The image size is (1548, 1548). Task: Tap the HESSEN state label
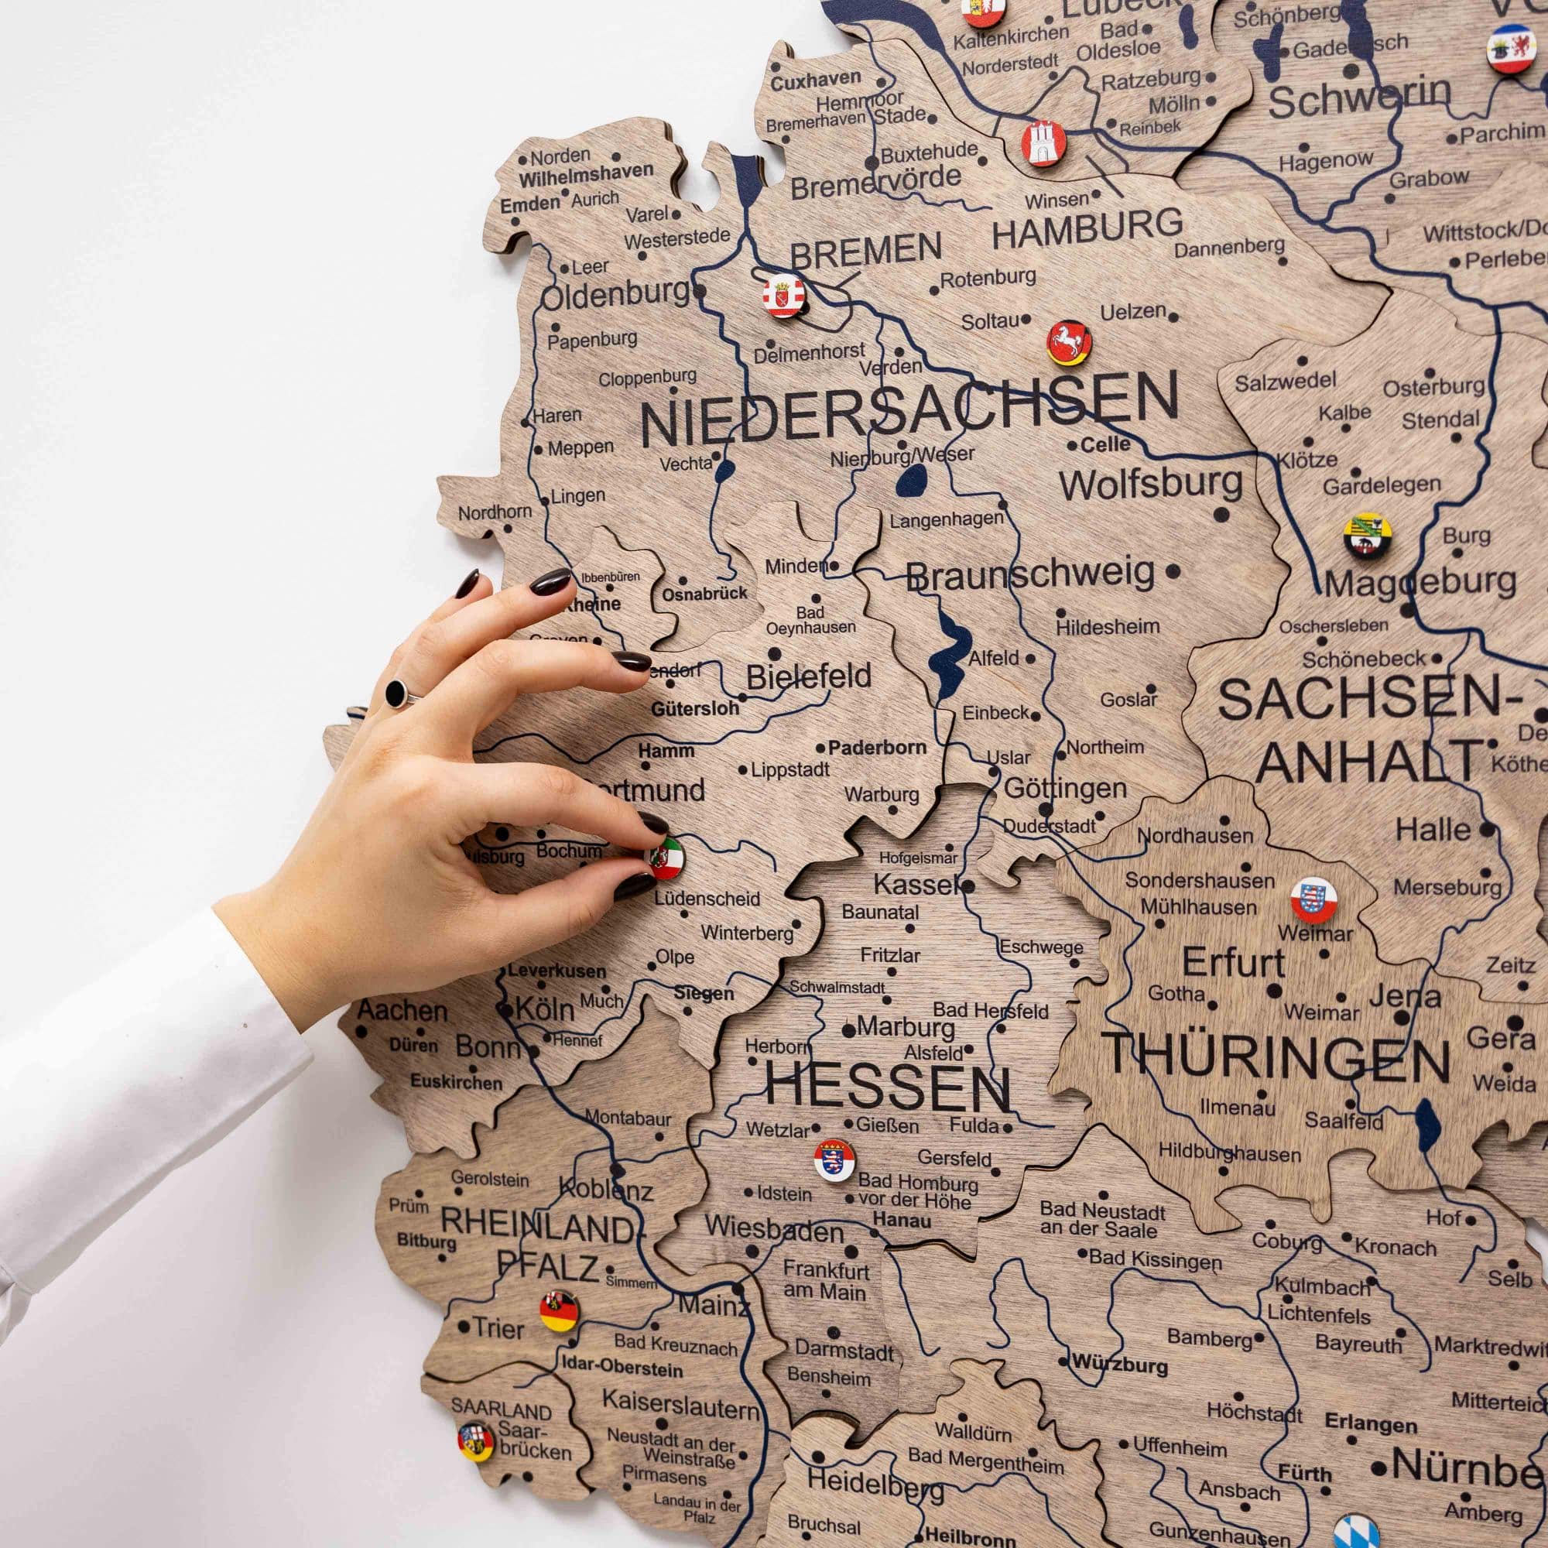coord(887,1087)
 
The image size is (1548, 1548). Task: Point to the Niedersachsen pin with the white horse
coord(1070,343)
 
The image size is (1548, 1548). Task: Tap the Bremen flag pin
coord(783,296)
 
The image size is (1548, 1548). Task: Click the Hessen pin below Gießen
coord(834,1159)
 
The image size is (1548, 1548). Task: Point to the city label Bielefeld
coord(809,677)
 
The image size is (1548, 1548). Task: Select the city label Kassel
coord(915,885)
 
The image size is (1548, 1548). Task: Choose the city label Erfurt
coord(1233,962)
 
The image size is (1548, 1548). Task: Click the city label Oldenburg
coord(615,295)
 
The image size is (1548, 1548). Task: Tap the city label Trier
coord(498,1327)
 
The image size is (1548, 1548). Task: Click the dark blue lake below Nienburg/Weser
coord(913,483)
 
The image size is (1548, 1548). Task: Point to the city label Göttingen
coord(1065,789)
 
